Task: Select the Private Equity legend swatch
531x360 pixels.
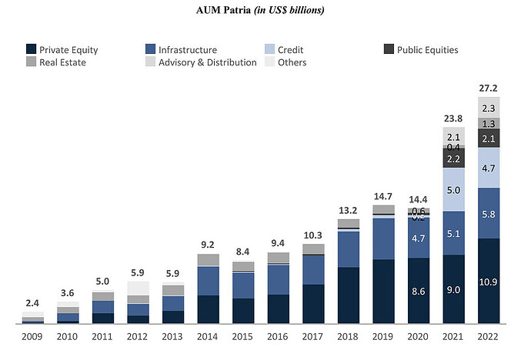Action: pyautogui.click(x=32, y=50)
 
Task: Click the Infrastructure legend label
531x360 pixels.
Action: pyautogui.click(x=188, y=50)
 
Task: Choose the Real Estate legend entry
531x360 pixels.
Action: pyautogui.click(x=62, y=62)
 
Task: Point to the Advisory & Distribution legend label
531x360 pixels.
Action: pyautogui.click(x=207, y=62)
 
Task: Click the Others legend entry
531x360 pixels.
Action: pyautogui.click(x=292, y=62)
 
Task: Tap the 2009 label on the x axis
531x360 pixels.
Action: pyautogui.click(x=32, y=337)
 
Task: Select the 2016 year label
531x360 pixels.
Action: pyautogui.click(x=279, y=337)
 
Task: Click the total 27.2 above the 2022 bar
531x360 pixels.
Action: pyautogui.click(x=489, y=87)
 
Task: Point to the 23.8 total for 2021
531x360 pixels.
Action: pyautogui.click(x=453, y=118)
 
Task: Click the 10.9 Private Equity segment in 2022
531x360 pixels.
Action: pyautogui.click(x=489, y=282)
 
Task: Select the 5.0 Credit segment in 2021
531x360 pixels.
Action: pyautogui.click(x=453, y=190)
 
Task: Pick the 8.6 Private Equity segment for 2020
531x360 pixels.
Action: pyautogui.click(x=419, y=292)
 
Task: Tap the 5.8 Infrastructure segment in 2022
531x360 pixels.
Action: pyautogui.click(x=489, y=213)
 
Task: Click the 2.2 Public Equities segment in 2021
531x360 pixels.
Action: pyautogui.click(x=453, y=158)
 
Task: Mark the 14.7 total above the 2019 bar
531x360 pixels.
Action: pyautogui.click(x=383, y=196)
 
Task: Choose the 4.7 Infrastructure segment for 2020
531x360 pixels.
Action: pyautogui.click(x=419, y=238)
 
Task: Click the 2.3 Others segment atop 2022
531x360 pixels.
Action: pyautogui.click(x=489, y=108)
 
